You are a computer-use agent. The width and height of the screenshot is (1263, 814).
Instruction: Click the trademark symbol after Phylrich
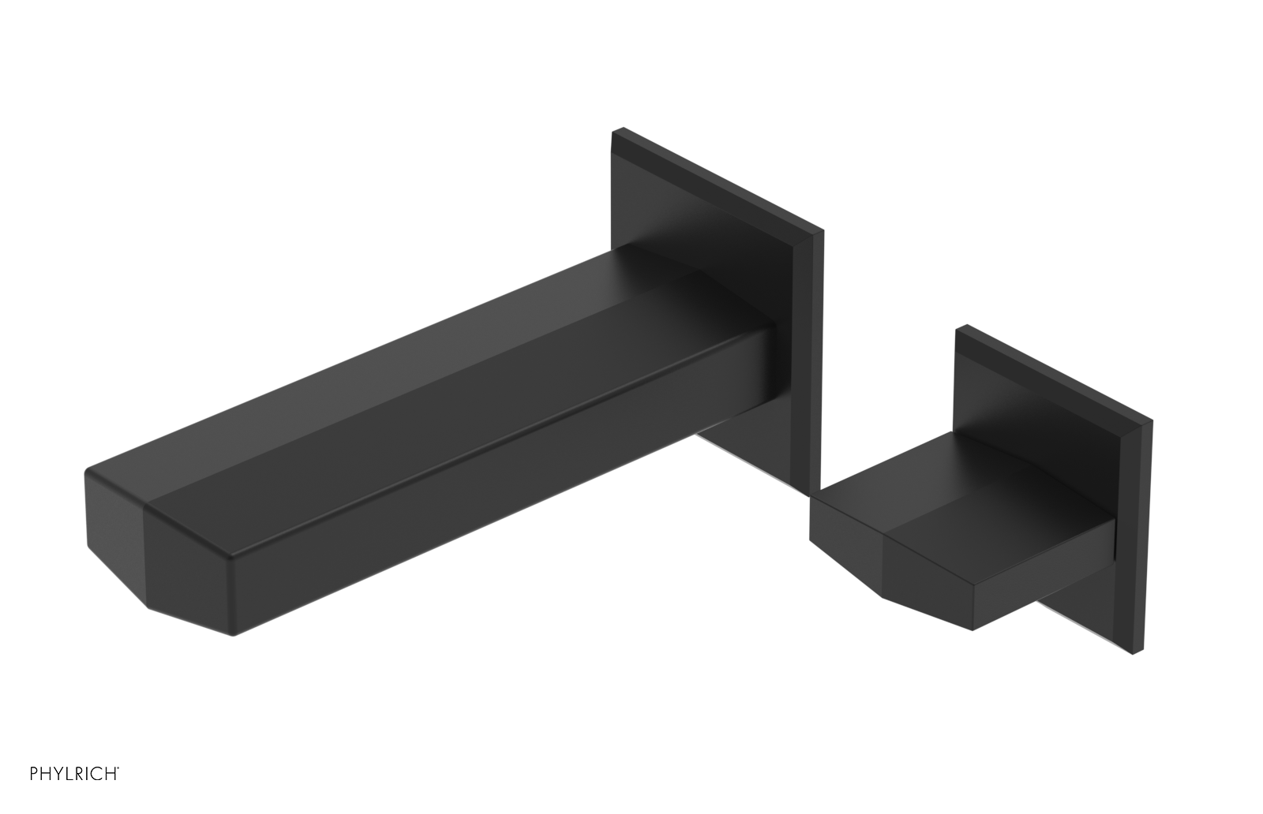point(118,787)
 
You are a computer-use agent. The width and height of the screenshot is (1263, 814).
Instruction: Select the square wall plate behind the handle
point(1050,394)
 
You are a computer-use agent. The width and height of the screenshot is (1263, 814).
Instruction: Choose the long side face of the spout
point(474,505)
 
